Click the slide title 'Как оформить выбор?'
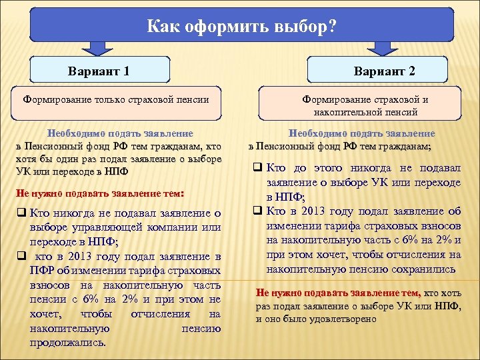[241, 27]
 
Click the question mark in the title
[331, 27]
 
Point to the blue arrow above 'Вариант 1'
[97, 47]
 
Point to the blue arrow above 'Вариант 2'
[383, 47]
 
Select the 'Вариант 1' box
[99, 70]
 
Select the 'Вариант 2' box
[385, 70]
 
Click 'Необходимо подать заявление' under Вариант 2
[361, 133]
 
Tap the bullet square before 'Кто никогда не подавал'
[22, 213]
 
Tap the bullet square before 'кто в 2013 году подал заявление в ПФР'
[22, 257]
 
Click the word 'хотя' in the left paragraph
[27, 159]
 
